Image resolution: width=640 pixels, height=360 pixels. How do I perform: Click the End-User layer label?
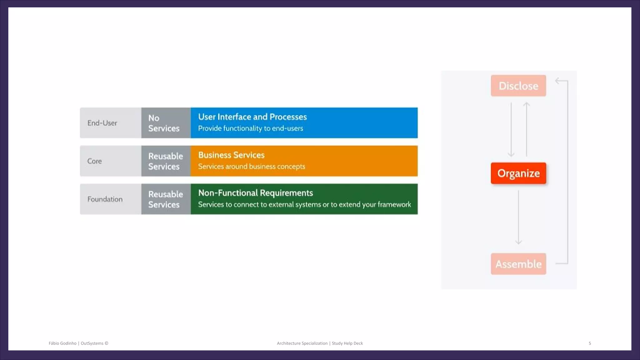pyautogui.click(x=102, y=123)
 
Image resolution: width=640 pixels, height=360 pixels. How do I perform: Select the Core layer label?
pyautogui.click(x=94, y=161)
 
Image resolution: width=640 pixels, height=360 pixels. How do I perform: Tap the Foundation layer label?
pyautogui.click(x=105, y=199)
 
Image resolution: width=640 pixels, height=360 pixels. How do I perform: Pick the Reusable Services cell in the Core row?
pyautogui.click(x=166, y=161)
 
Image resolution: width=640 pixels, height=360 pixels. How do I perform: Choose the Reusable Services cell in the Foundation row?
pyautogui.click(x=166, y=199)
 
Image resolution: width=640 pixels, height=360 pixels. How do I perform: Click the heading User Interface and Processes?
pyautogui.click(x=252, y=117)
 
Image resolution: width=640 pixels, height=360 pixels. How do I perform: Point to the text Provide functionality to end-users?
pyautogui.click(x=250, y=128)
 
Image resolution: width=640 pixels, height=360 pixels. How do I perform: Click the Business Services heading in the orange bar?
pyautogui.click(x=231, y=155)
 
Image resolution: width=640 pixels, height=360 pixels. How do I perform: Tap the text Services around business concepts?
pyautogui.click(x=251, y=167)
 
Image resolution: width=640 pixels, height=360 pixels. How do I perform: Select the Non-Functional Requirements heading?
pyautogui.click(x=255, y=193)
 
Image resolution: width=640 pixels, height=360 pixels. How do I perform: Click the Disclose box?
pyautogui.click(x=518, y=86)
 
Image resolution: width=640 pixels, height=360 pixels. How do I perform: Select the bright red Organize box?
pyautogui.click(x=518, y=173)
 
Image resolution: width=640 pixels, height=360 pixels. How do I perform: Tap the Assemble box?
pyautogui.click(x=518, y=264)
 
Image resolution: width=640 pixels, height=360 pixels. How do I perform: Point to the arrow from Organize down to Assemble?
pyautogui.click(x=518, y=217)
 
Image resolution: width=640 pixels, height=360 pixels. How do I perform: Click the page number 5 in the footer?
pyautogui.click(x=590, y=343)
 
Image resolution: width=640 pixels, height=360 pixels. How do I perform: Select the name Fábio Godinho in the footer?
pyautogui.click(x=62, y=343)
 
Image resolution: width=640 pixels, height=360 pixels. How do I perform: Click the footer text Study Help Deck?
pyautogui.click(x=347, y=343)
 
